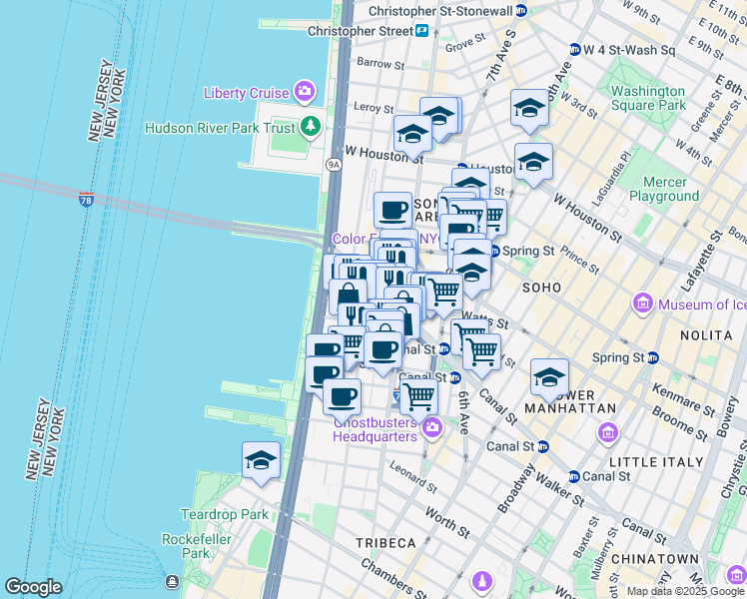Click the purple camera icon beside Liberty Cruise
point(305,93)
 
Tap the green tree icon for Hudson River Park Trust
point(312,127)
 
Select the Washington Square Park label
point(648,98)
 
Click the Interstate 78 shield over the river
point(87,200)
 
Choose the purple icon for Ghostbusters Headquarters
point(431,427)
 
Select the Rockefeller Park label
point(186,546)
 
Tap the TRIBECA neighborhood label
point(385,542)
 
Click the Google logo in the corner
point(34,587)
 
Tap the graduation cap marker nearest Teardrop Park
point(262,461)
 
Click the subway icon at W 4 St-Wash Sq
point(574,50)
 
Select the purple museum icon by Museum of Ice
point(642,303)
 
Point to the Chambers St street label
point(398,582)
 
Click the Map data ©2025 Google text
point(685,591)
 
